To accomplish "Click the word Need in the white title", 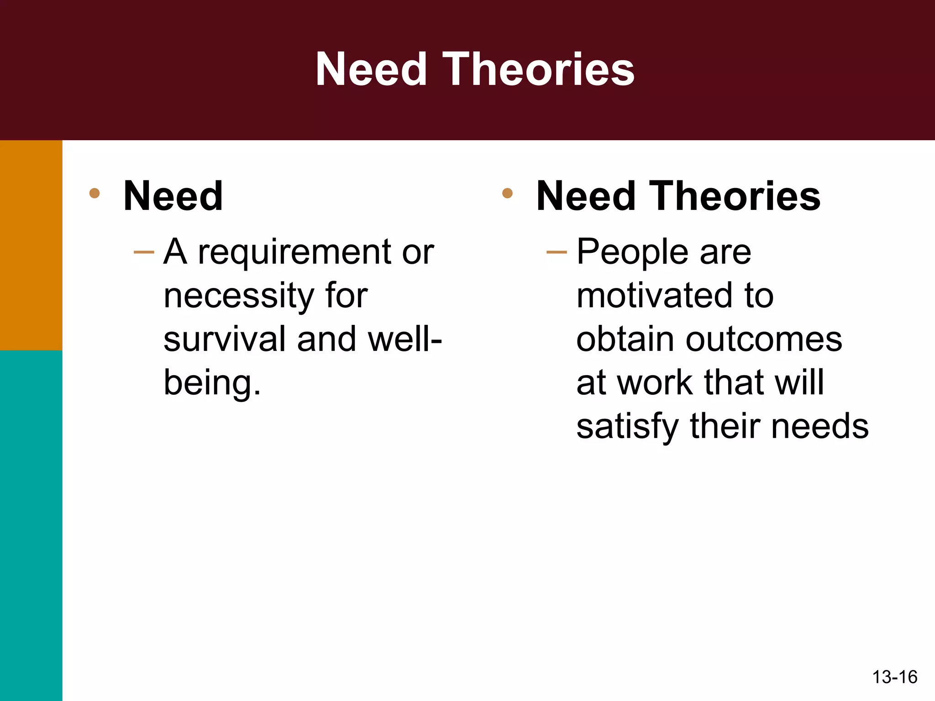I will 371,69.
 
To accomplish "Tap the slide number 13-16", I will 894,677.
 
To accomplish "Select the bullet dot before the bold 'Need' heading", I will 95,193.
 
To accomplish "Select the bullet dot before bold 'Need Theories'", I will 507,193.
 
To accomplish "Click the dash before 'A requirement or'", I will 144,252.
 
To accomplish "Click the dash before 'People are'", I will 557,252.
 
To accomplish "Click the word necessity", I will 239,296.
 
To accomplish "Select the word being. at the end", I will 212,383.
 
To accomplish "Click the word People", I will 633,252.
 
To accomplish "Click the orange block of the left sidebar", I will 31,245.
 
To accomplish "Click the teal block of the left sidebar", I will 31,525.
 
